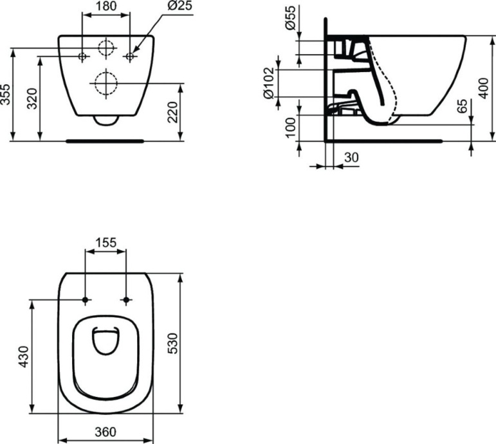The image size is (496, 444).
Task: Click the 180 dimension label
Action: (107, 7)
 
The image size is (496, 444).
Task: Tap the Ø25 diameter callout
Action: (164, 7)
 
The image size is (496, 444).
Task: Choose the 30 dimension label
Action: (351, 158)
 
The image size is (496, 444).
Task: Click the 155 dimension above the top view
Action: (106, 243)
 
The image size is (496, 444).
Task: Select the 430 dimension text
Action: (23, 357)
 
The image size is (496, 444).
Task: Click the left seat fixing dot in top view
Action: (85, 300)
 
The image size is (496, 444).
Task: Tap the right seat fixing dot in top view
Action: (126, 300)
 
